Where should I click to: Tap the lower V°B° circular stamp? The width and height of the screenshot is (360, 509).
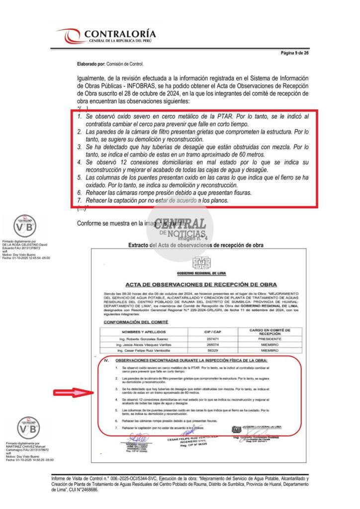[26, 427]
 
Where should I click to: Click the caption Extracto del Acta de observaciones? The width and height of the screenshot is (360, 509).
[195, 245]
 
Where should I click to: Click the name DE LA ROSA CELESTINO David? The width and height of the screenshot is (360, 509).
[25, 245]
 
